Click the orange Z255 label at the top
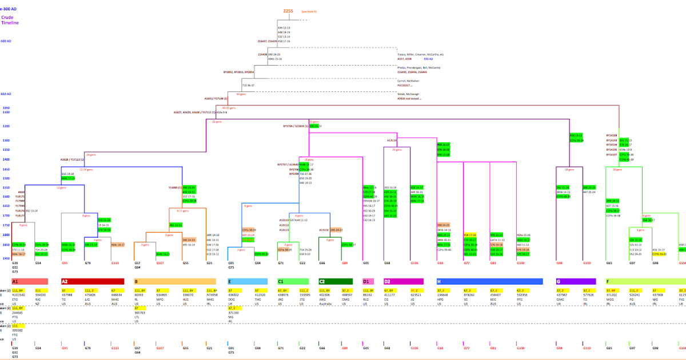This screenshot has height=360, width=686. [x=288, y=11]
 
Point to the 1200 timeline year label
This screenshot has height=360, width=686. [x=6, y=126]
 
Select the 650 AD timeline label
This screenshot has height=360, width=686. [x=6, y=94]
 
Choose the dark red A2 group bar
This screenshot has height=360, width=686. [x=92, y=282]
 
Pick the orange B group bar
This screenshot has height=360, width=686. [x=174, y=282]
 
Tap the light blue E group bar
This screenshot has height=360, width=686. [x=247, y=282]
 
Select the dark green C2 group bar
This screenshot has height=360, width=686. [x=336, y=282]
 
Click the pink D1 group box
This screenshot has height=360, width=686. [x=368, y=282]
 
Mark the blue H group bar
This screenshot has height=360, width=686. [x=489, y=282]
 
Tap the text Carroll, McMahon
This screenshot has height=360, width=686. [x=408, y=81]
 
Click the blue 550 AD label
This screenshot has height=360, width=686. [x=428, y=59]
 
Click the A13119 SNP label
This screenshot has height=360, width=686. [x=392, y=140]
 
